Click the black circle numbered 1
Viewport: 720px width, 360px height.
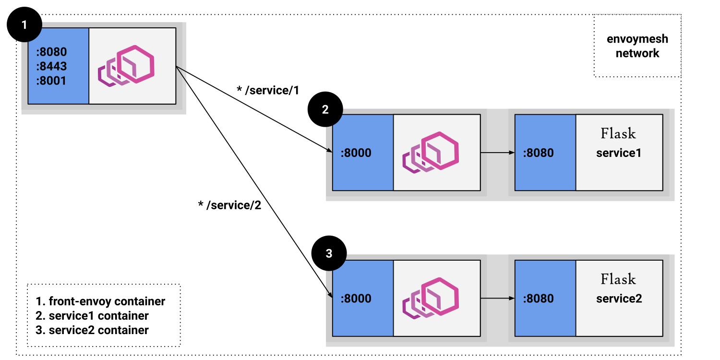coord(24,24)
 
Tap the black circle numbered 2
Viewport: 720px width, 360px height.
coord(325,109)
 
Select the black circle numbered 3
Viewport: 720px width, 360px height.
coord(329,254)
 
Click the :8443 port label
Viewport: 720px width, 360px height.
coord(51,66)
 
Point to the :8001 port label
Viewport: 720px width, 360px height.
coord(51,80)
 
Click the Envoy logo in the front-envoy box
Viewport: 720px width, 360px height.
coord(127,66)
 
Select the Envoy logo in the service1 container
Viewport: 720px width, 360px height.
coord(431,152)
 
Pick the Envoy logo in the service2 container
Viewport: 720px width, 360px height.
coord(431,298)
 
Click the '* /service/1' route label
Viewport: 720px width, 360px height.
coord(267,90)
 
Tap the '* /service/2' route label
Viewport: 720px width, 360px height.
coord(229,205)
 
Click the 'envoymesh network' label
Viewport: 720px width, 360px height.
coord(637,46)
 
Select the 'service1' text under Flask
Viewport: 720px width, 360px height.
coord(619,153)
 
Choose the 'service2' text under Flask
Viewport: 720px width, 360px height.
coord(619,299)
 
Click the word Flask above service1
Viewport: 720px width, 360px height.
coord(618,133)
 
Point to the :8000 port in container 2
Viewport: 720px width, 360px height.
coord(356,153)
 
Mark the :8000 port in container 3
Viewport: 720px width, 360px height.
coord(356,299)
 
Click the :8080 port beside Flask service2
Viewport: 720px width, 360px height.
coord(538,299)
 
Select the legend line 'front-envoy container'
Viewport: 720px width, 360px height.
coord(101,301)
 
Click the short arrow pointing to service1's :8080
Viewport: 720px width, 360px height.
coord(497,153)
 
